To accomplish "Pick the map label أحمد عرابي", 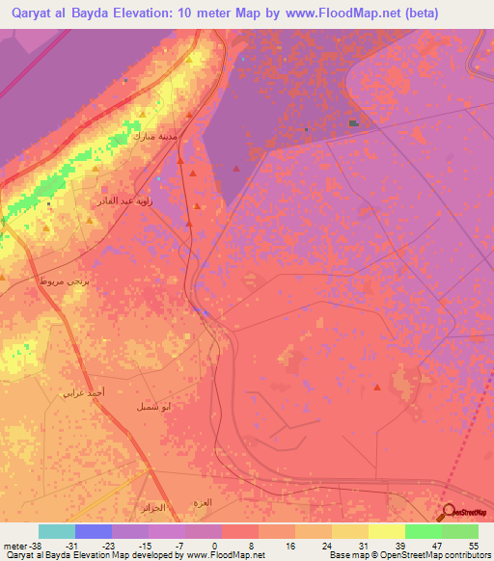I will (x=80, y=392).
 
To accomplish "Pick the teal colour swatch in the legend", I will (x=57, y=531).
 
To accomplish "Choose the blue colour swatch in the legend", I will (x=94, y=531).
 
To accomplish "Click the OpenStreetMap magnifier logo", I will (x=450, y=512).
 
